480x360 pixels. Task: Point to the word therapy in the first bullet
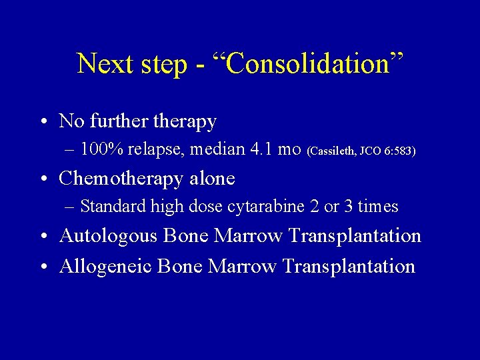[185, 122]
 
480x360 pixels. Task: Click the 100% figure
[101, 149]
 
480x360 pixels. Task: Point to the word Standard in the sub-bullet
[113, 207]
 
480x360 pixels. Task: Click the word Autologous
[107, 236]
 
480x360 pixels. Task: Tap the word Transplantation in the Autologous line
[355, 236]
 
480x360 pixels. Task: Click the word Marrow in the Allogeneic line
[243, 267]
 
